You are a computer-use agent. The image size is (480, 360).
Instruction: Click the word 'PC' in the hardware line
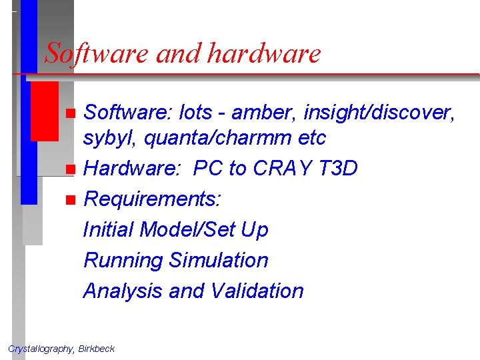[x=207, y=169]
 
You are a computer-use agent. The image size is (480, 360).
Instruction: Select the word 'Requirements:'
[x=153, y=199]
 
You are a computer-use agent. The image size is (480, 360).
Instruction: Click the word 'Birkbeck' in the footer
[x=96, y=349]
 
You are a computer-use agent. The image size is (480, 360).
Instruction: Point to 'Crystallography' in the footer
[x=40, y=349]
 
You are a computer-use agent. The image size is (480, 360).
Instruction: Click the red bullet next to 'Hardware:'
[x=71, y=169]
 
